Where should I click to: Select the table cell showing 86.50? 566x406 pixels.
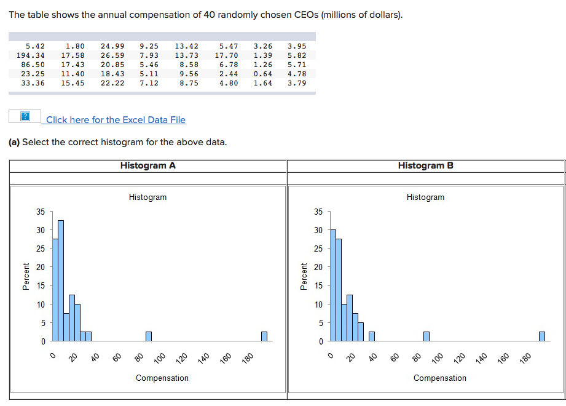point(33,65)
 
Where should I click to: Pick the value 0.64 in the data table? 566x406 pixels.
point(262,74)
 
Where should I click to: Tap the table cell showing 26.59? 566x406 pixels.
point(112,55)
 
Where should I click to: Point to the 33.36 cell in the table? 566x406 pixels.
point(33,83)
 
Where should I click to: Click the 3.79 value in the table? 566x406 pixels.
point(296,83)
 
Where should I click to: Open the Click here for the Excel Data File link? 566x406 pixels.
point(116,120)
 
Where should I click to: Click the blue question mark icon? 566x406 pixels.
point(25,117)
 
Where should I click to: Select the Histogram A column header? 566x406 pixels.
point(148,165)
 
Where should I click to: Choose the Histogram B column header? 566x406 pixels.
point(425,165)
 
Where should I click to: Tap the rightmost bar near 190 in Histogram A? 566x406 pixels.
point(264,336)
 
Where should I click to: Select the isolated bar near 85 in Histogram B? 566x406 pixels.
point(426,336)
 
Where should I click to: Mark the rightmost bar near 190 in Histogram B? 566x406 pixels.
point(542,336)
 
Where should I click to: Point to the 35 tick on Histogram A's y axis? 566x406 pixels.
point(41,212)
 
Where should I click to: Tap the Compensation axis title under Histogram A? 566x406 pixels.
point(162,378)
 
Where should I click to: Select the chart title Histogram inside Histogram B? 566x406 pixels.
point(425,197)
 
